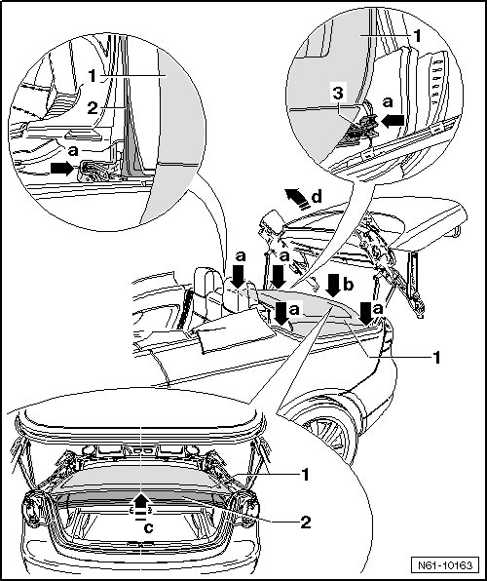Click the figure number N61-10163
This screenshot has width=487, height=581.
(x=445, y=565)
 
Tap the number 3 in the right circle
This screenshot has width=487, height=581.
(x=338, y=94)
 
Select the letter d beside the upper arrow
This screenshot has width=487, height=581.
(x=317, y=197)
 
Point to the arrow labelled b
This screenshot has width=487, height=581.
(x=334, y=286)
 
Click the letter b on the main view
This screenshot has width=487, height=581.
(x=349, y=285)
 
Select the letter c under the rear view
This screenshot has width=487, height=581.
(x=148, y=528)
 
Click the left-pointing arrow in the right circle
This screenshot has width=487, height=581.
(x=393, y=121)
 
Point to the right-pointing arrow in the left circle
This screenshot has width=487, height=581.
(x=62, y=169)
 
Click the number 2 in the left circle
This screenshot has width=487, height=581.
(x=93, y=108)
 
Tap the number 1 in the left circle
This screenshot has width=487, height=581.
(x=93, y=76)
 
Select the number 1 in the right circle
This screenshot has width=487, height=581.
(x=417, y=36)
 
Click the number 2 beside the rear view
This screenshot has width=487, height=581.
(x=306, y=523)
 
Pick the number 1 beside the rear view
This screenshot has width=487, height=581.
(x=305, y=475)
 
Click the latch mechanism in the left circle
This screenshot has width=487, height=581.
(x=94, y=172)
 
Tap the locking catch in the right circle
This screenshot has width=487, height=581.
(x=362, y=129)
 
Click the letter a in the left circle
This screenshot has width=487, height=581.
(x=73, y=151)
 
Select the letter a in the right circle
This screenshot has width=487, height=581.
(x=388, y=101)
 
